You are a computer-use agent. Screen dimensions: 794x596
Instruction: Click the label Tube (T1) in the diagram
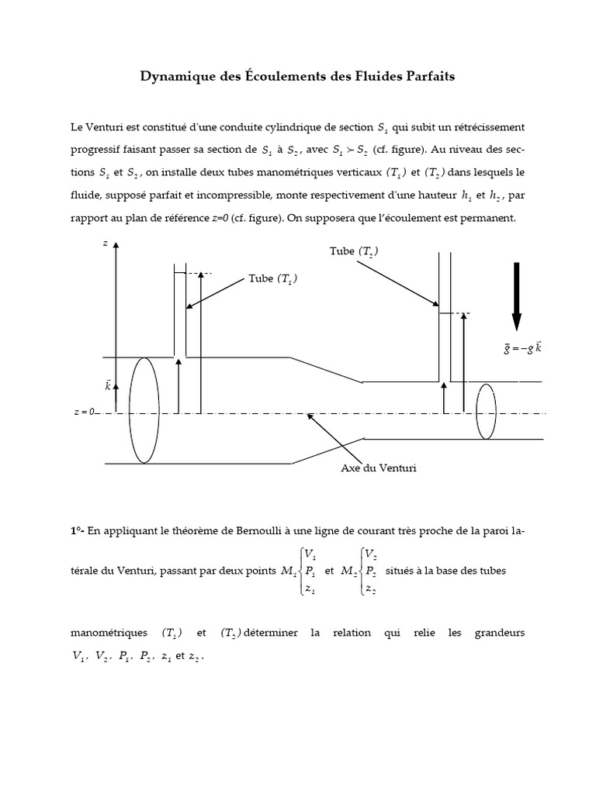tap(272, 279)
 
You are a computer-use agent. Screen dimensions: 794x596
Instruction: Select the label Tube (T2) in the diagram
tap(355, 251)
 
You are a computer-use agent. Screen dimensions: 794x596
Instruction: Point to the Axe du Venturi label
tap(373, 468)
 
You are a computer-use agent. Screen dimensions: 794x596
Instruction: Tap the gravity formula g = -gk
tap(522, 348)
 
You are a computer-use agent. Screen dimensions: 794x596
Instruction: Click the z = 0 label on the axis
tap(82, 413)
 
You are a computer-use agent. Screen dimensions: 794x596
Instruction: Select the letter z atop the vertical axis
tap(106, 243)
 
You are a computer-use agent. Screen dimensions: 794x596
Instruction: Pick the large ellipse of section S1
tap(144, 410)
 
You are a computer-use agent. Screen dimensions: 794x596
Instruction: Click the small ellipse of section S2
tap(486, 411)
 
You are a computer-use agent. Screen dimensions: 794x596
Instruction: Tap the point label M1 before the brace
tap(287, 571)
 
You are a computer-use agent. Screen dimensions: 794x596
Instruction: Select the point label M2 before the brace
tap(348, 571)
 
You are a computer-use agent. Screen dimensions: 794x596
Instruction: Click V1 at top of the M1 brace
tap(310, 554)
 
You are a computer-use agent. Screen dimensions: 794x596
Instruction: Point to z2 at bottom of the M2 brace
tap(370, 589)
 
